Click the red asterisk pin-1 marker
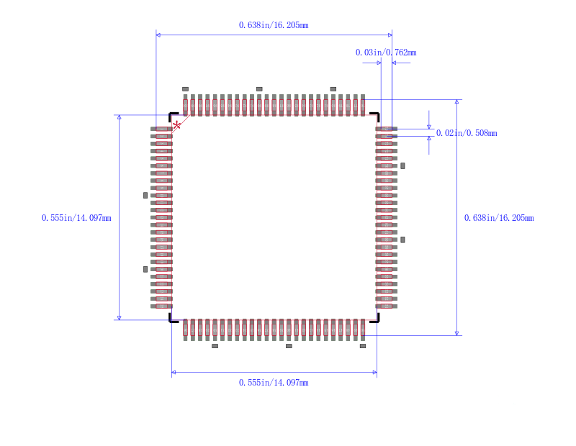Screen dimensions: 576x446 (176, 126)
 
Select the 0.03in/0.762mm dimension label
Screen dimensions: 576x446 (386, 53)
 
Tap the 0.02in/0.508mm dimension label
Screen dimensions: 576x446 (467, 133)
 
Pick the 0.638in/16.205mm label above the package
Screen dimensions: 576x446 (274, 25)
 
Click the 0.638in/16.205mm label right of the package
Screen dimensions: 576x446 (499, 218)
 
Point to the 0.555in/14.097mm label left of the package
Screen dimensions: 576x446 (76, 218)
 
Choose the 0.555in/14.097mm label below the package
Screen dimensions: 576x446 (274, 383)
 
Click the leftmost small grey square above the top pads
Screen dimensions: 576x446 (186, 89)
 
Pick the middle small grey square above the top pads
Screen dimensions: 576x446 (259, 89)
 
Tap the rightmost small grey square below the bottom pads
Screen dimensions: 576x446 (363, 346)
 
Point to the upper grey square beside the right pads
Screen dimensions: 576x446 (402, 166)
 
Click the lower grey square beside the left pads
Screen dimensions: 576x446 (145, 270)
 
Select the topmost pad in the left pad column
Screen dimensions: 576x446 (161, 129)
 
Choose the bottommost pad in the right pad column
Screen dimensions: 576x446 (387, 306)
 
